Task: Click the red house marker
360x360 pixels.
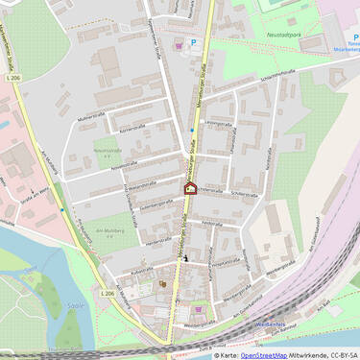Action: point(190,188)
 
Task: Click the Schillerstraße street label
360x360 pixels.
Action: point(245,193)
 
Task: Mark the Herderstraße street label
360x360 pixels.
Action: point(156,242)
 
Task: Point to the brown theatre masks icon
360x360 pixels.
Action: point(162,284)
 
